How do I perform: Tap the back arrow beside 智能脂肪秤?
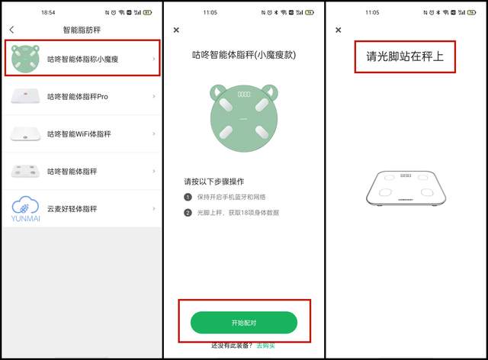click(x=12, y=30)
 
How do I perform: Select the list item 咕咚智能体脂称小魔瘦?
click(x=83, y=59)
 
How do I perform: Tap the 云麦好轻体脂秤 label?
click(x=72, y=209)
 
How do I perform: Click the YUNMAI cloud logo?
click(x=25, y=209)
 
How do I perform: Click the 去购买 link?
click(x=265, y=346)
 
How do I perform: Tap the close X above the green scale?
click(x=176, y=30)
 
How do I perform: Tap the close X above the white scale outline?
click(x=339, y=30)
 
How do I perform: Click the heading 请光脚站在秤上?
click(x=405, y=56)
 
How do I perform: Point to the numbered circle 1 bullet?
click(x=188, y=197)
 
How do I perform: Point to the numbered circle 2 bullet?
click(x=188, y=213)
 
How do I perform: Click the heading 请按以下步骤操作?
click(x=214, y=182)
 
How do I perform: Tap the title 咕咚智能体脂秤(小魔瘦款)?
click(x=244, y=55)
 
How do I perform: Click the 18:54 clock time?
click(x=48, y=12)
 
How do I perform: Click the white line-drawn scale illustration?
click(x=406, y=188)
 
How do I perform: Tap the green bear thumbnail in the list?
click(x=25, y=59)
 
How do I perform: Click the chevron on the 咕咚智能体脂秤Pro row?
click(x=154, y=96)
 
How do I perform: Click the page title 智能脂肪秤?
click(x=82, y=30)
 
